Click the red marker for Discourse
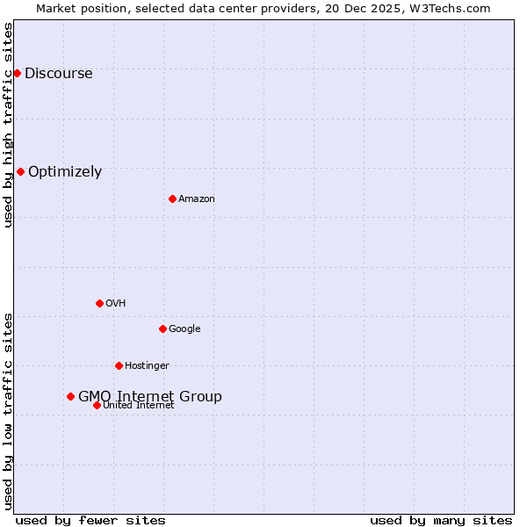(x=17, y=73)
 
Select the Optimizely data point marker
(x=20, y=171)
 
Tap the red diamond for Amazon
(x=172, y=199)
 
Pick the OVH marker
(x=99, y=303)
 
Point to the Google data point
(x=162, y=328)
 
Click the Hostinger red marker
(x=119, y=365)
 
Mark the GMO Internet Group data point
(x=70, y=396)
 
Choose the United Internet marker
(x=97, y=405)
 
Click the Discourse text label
(x=58, y=74)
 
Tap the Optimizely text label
(x=65, y=172)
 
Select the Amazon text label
(x=197, y=199)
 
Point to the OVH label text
(x=115, y=304)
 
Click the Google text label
(x=184, y=329)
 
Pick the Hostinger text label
(x=147, y=366)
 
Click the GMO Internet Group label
(x=150, y=397)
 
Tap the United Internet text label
(x=139, y=406)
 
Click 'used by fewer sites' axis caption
(x=90, y=520)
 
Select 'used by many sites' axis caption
(x=441, y=520)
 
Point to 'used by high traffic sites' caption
(x=9, y=125)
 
